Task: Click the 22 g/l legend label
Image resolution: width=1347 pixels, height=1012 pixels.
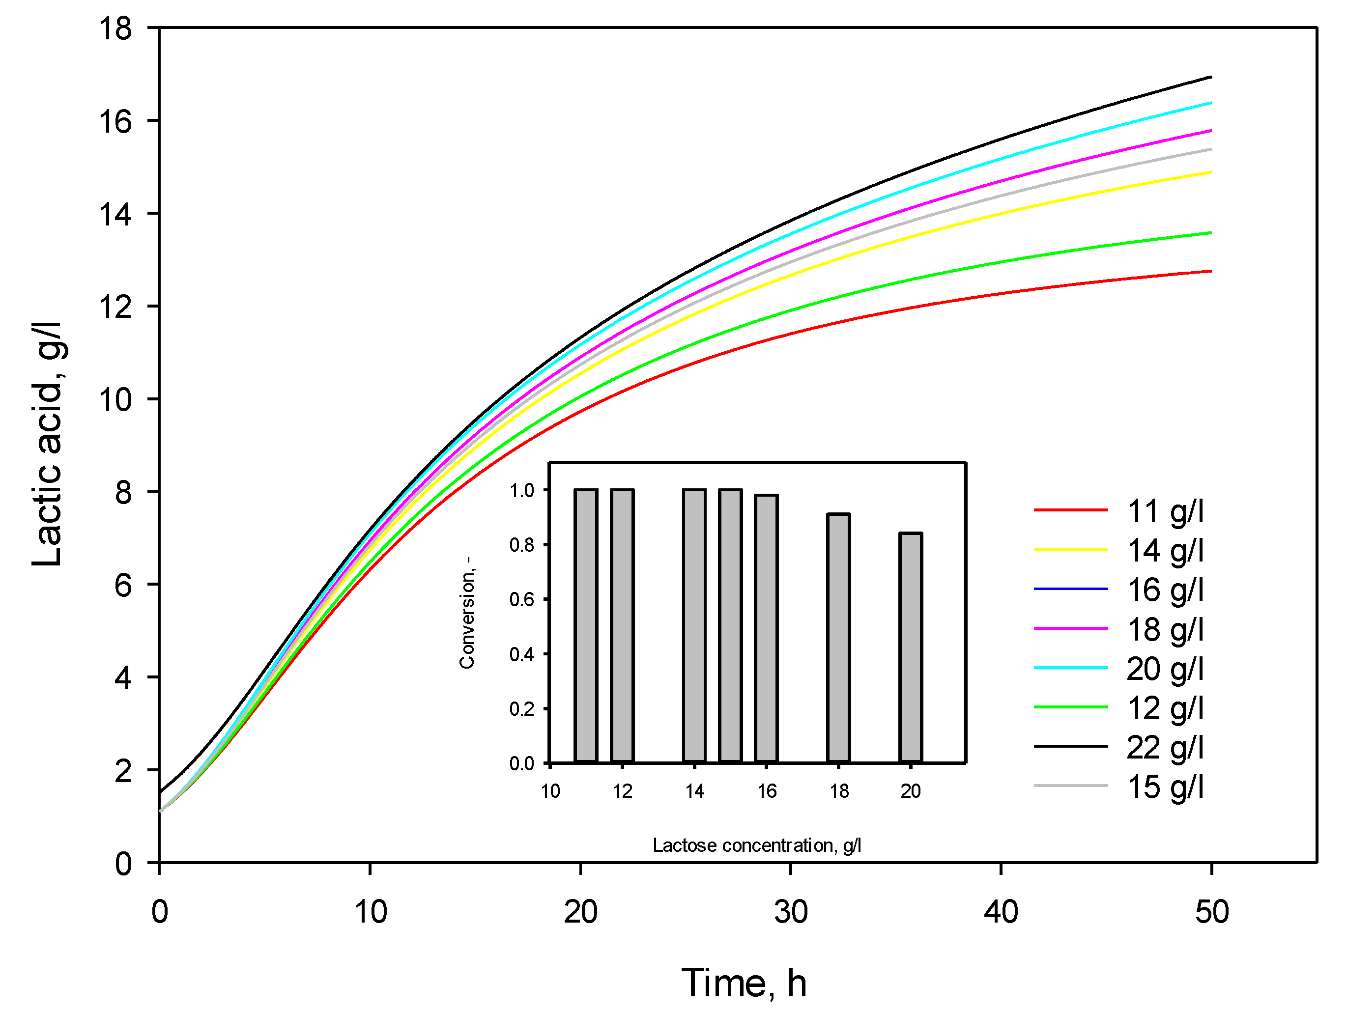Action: point(1164,747)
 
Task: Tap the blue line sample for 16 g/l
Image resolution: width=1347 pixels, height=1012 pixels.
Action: point(1070,589)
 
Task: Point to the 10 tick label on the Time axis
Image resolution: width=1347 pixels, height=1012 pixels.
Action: point(370,911)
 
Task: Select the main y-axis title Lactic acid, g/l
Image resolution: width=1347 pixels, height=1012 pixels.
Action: point(48,443)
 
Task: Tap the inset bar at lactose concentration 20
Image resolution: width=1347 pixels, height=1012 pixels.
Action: point(911,647)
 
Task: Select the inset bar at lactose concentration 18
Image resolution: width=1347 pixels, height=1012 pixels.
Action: point(838,638)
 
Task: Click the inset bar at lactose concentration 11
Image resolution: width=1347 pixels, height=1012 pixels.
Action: point(586,625)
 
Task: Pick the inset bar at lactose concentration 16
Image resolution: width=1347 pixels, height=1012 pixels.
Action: point(766,628)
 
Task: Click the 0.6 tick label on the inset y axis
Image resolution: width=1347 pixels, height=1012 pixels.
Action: point(521,600)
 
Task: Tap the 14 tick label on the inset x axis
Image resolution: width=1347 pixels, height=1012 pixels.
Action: point(694,791)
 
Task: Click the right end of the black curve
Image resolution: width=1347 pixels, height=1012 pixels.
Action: point(1210,77)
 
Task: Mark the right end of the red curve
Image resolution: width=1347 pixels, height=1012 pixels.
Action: point(1210,271)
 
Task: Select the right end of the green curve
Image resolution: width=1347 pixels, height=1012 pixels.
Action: point(1210,232)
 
